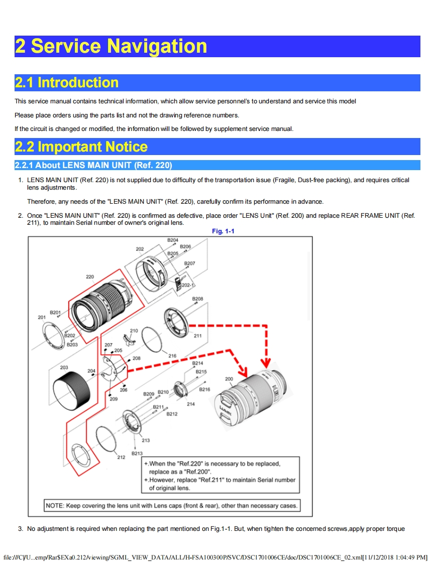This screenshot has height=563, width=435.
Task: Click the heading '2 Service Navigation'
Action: [x=111, y=46]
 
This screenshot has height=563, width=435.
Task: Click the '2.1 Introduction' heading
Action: [x=67, y=82]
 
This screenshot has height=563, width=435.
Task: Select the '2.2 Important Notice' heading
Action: [x=81, y=147]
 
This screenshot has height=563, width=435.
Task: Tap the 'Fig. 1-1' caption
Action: [x=223, y=231]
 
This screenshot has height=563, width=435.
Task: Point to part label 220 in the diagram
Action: [x=90, y=276]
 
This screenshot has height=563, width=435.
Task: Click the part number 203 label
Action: [x=64, y=367]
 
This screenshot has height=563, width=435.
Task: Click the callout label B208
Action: [x=198, y=299]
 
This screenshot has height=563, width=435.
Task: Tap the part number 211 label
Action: [x=197, y=336]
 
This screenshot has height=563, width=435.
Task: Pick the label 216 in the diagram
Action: [x=172, y=356]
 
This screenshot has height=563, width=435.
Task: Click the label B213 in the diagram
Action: [x=137, y=453]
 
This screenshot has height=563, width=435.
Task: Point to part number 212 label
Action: [x=121, y=457]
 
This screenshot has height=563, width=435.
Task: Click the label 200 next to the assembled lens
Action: [x=229, y=379]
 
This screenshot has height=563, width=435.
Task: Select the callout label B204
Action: [x=173, y=240]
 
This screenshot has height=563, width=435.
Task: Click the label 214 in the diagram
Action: [x=191, y=404]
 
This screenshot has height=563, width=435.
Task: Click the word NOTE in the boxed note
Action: [x=54, y=505]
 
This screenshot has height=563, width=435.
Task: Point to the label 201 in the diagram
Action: [x=42, y=317]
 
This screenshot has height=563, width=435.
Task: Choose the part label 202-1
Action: [x=188, y=285]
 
